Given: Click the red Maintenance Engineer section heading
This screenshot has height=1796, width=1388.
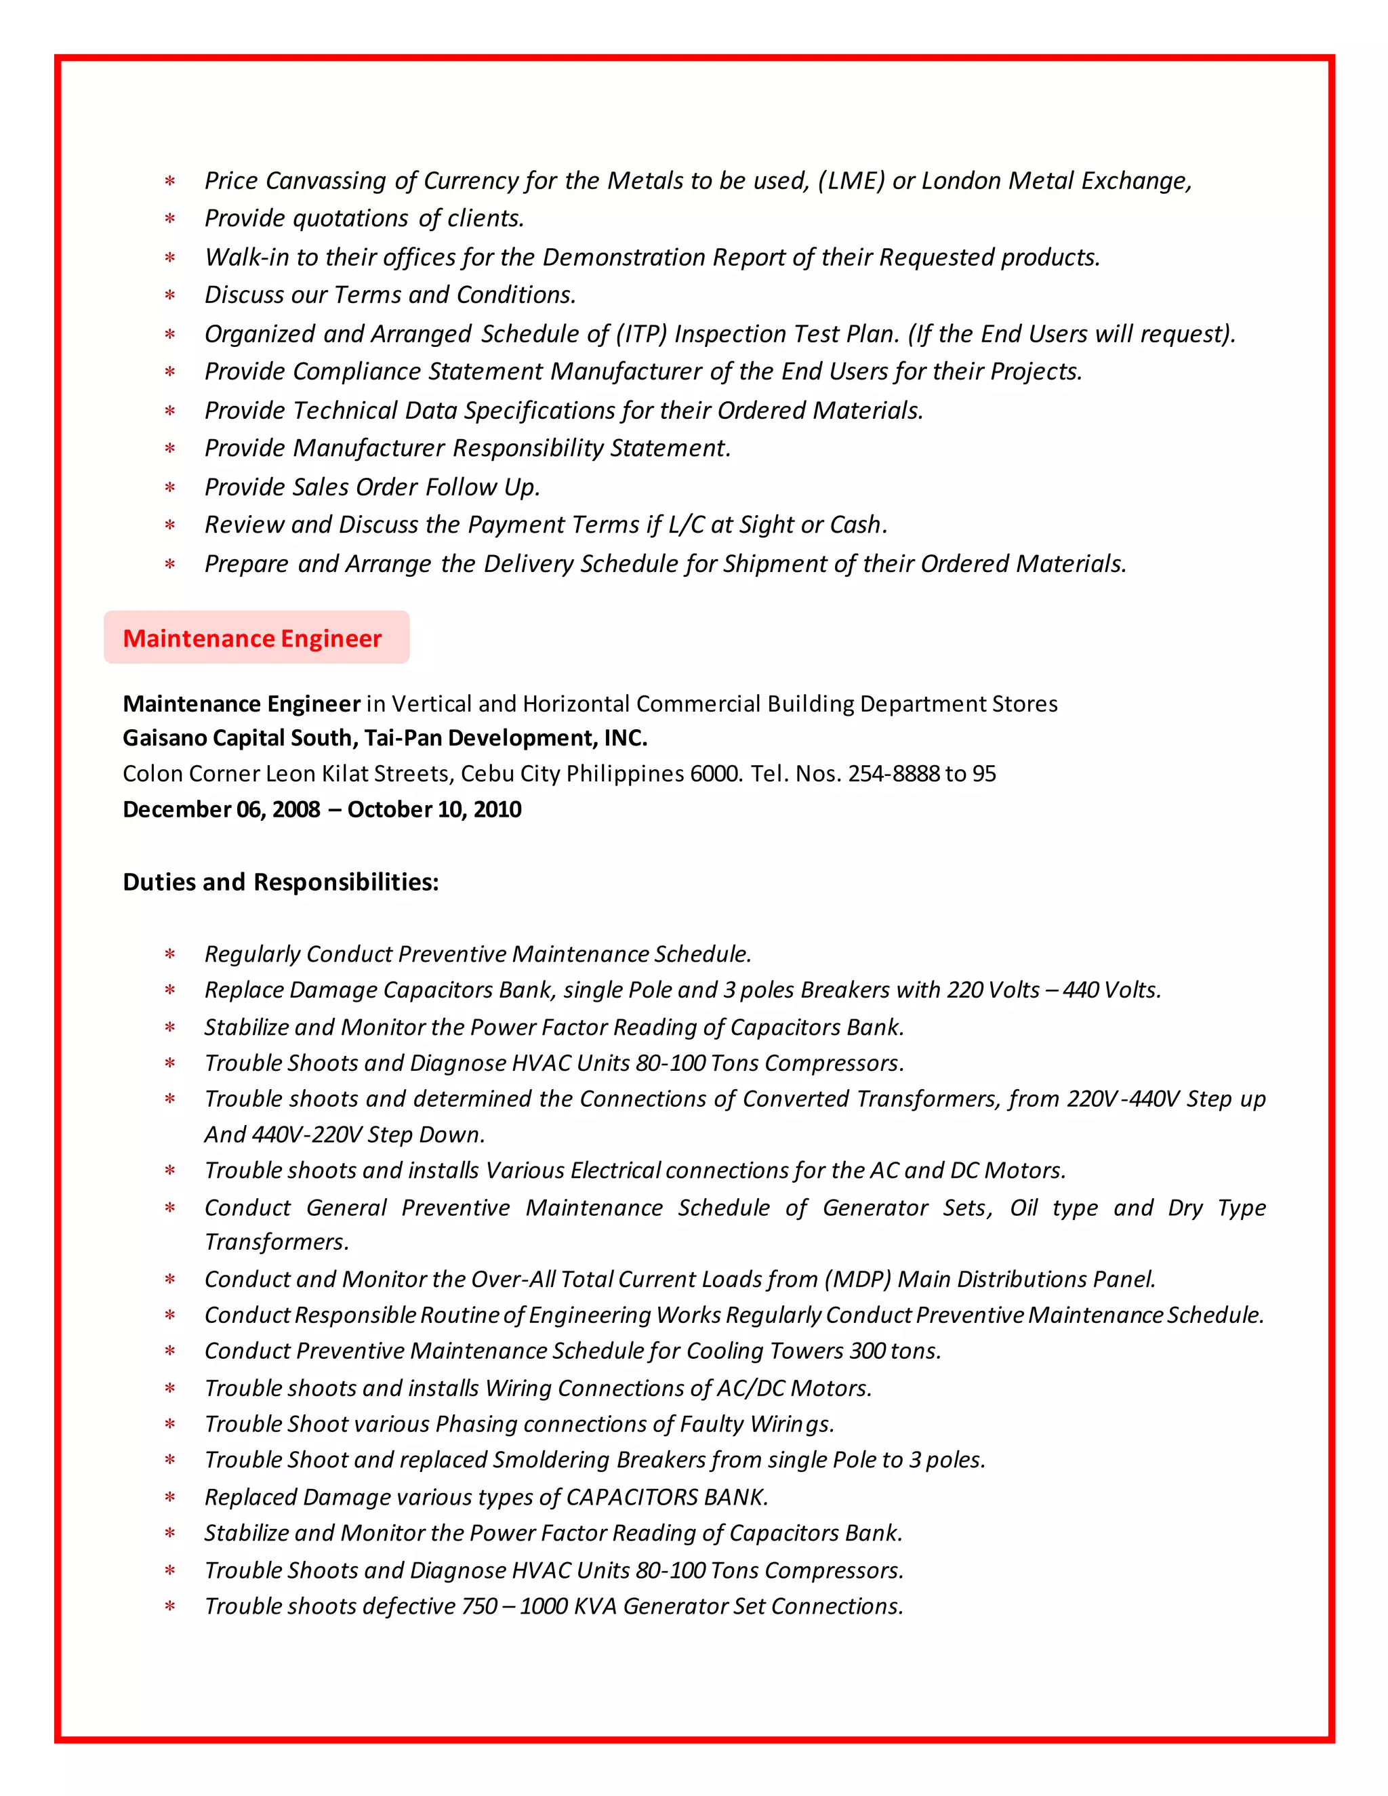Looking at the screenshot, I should click(x=251, y=638).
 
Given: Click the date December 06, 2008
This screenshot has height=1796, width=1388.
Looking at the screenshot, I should click(x=221, y=809).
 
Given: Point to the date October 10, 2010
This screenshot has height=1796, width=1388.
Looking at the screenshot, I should click(x=434, y=809).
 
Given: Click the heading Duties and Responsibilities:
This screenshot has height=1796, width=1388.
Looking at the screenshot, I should click(x=281, y=882).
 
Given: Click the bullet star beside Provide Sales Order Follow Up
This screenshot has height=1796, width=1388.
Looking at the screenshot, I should click(x=170, y=488).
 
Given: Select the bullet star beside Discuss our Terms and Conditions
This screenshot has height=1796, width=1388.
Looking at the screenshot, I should click(x=170, y=295).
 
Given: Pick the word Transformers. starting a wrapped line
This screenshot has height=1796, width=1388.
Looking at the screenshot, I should click(x=277, y=1242).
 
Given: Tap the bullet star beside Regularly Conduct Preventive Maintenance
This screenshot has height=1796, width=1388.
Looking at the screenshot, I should click(x=170, y=955).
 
